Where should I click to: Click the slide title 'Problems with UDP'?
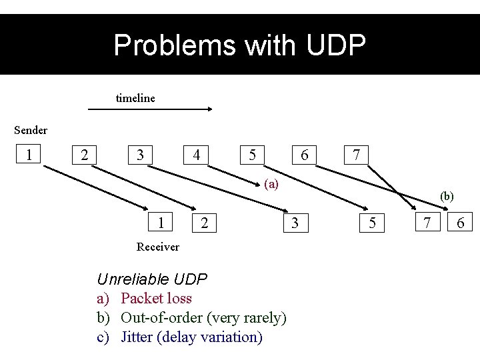pyautogui.click(x=239, y=45)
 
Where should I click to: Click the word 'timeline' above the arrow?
pyautogui.click(x=135, y=98)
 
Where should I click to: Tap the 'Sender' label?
pyautogui.click(x=31, y=129)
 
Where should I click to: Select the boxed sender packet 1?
pyautogui.click(x=29, y=155)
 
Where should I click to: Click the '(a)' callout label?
pyautogui.click(x=271, y=183)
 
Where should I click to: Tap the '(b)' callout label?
pyautogui.click(x=447, y=197)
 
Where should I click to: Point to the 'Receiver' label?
pyautogui.click(x=157, y=247)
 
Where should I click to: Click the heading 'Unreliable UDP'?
pyautogui.click(x=152, y=279)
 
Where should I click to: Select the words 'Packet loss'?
pyautogui.click(x=156, y=298)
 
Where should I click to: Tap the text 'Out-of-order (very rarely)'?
pyautogui.click(x=203, y=317)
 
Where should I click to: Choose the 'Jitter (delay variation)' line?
pyautogui.click(x=191, y=337)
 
